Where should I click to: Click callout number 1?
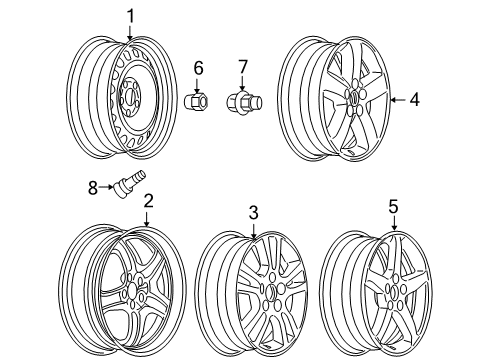click(129, 14)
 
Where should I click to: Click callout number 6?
click(197, 68)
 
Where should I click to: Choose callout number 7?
click(240, 68)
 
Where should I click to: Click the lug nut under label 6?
click(197, 102)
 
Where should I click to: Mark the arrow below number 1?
click(129, 32)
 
